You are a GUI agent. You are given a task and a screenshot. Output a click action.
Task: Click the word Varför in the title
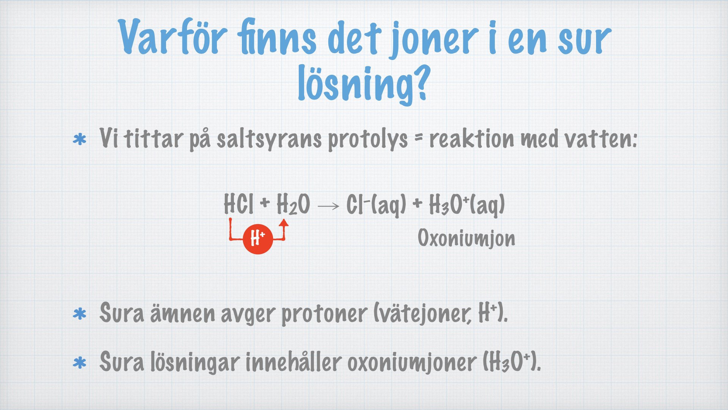(x=173, y=36)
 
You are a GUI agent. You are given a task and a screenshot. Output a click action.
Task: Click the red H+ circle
(x=258, y=239)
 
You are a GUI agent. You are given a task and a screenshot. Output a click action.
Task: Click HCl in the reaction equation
(x=238, y=204)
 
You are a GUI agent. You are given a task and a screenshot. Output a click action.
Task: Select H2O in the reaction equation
(x=293, y=205)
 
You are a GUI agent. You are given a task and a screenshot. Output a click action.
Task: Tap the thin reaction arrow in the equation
(x=328, y=206)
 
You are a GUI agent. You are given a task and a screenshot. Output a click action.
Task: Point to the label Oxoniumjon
(x=466, y=239)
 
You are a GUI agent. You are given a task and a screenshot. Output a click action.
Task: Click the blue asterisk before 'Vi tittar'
(x=80, y=140)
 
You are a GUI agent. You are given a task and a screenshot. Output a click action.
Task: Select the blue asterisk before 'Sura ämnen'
(x=80, y=314)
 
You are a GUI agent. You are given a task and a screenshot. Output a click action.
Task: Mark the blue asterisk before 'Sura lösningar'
(x=80, y=363)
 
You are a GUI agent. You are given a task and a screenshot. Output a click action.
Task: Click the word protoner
(x=324, y=314)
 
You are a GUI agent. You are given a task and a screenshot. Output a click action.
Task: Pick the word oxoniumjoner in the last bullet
(x=412, y=363)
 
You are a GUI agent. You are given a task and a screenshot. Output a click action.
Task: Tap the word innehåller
(x=293, y=362)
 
